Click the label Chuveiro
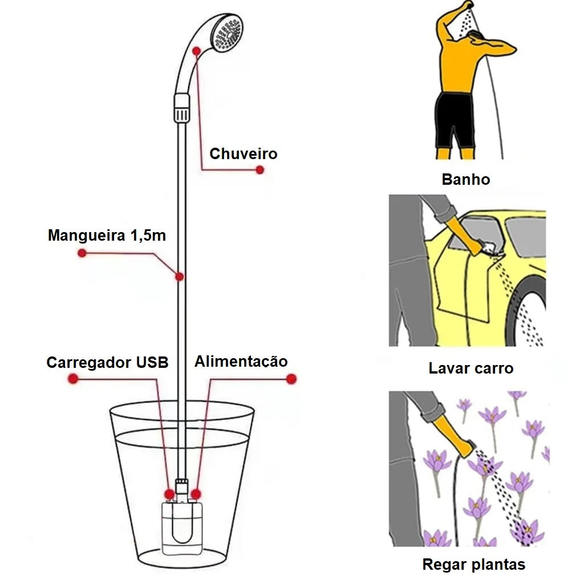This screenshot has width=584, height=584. coord(243,154)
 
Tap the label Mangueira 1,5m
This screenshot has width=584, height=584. coord(107,235)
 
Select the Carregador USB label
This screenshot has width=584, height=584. coord(107,363)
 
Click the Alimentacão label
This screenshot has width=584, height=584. coord(241,362)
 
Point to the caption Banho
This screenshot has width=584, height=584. coord(466,180)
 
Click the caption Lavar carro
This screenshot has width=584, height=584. coord(471,368)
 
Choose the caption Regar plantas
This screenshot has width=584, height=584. coord(473,565)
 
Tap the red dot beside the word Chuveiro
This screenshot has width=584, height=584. coord(260,170)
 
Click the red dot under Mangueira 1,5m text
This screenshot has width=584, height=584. coord(82,253)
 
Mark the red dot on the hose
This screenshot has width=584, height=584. coord(179,277)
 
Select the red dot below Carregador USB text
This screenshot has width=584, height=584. coord(72,379)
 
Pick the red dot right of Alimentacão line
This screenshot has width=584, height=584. coord(292,379)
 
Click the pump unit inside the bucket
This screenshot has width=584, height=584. coord(181,528)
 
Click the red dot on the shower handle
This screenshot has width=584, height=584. coord(196,51)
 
